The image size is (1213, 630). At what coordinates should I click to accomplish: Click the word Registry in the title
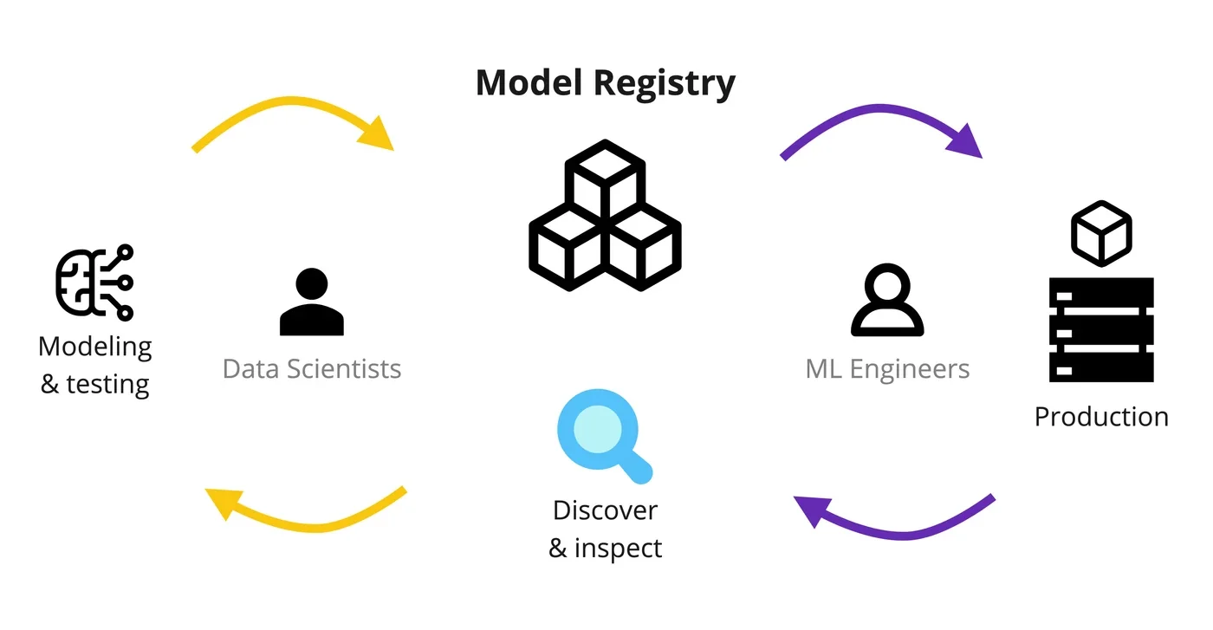point(665,84)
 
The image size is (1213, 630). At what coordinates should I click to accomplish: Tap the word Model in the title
point(528,82)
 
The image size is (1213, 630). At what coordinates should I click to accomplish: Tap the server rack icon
point(1101,330)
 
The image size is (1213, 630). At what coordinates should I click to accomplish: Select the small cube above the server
point(1101,231)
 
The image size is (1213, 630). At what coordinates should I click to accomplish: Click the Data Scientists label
point(312,369)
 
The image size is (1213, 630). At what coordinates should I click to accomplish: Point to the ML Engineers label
point(887,369)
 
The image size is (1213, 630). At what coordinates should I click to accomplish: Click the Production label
point(1101,417)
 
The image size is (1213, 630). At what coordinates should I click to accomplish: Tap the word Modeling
point(95,347)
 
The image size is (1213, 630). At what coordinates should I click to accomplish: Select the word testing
point(107,384)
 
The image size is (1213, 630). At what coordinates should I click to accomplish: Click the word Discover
point(605,510)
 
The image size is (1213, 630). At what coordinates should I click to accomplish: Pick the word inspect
point(617,548)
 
